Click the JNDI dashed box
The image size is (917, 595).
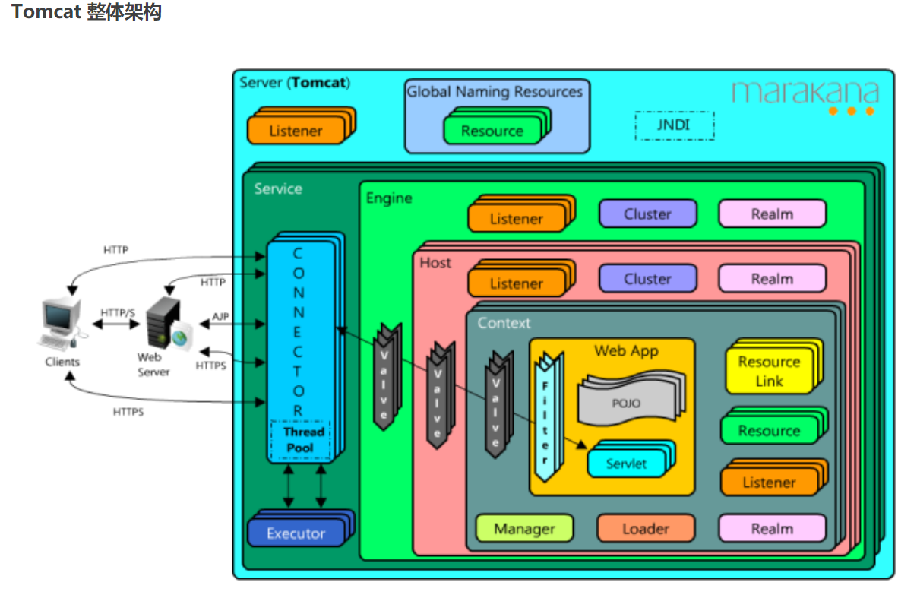[674, 125]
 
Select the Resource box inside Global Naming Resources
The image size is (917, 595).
[492, 131]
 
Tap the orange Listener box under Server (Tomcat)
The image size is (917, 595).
[296, 131]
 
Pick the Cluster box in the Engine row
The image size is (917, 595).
[647, 214]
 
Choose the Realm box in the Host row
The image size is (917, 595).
[772, 279]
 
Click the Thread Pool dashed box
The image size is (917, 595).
[300, 440]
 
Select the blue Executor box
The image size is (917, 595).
[296, 533]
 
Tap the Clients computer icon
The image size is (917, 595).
[61, 323]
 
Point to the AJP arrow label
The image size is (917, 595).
[220, 316]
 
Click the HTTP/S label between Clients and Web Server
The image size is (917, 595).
[119, 313]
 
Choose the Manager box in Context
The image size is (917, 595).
[524, 529]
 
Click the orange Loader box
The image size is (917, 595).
[646, 529]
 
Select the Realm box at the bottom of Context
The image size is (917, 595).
[772, 529]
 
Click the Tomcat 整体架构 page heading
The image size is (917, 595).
[86, 12]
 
